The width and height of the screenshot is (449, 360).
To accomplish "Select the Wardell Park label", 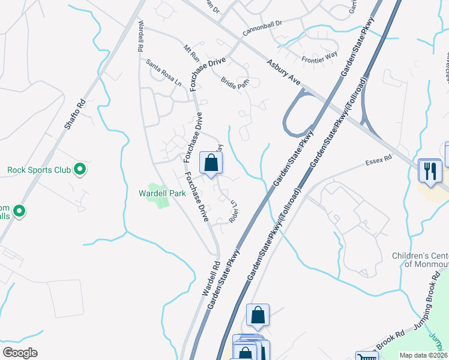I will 162,193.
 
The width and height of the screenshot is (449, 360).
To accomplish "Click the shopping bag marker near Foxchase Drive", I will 211,163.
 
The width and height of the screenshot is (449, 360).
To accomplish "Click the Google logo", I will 19,353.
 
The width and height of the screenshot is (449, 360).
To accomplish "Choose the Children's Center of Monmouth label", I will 420,260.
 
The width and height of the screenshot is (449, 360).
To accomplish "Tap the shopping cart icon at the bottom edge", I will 366,356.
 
